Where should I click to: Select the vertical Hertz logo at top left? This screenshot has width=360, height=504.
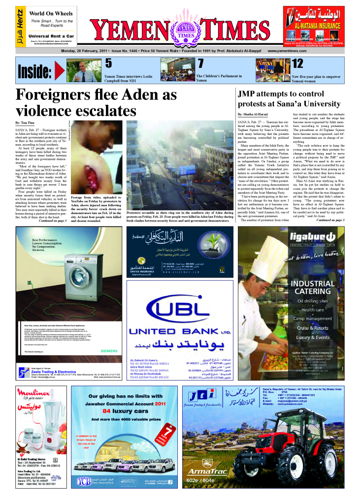tap(19, 27)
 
